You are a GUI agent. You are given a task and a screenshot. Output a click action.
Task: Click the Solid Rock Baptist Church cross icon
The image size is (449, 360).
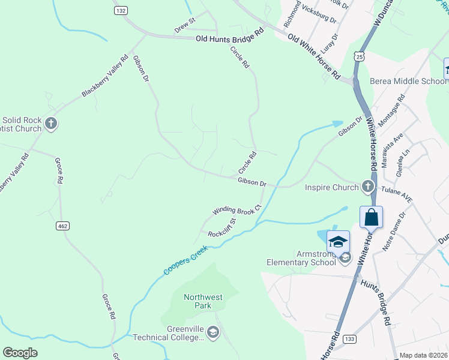point(51,124)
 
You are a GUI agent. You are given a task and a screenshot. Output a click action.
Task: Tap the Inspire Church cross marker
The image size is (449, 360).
point(367,187)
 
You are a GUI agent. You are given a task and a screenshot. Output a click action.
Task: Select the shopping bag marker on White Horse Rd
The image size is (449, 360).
point(372,217)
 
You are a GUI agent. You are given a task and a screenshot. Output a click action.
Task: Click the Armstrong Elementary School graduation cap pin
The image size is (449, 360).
point(338,241)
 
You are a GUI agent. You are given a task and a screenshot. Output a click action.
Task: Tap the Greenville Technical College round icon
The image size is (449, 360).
point(212,332)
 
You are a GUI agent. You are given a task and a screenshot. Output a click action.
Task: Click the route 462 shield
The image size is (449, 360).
point(62,226)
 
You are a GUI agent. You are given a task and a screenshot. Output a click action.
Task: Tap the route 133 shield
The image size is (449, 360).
point(349,339)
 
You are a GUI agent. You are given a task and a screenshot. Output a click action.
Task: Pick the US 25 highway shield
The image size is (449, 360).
point(358,56)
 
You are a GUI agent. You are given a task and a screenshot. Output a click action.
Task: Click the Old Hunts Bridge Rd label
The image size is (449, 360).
point(230,38)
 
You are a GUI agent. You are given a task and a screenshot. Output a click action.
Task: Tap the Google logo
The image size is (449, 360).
point(20,353)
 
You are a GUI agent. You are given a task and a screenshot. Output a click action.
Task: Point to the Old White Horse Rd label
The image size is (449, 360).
point(314,58)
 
